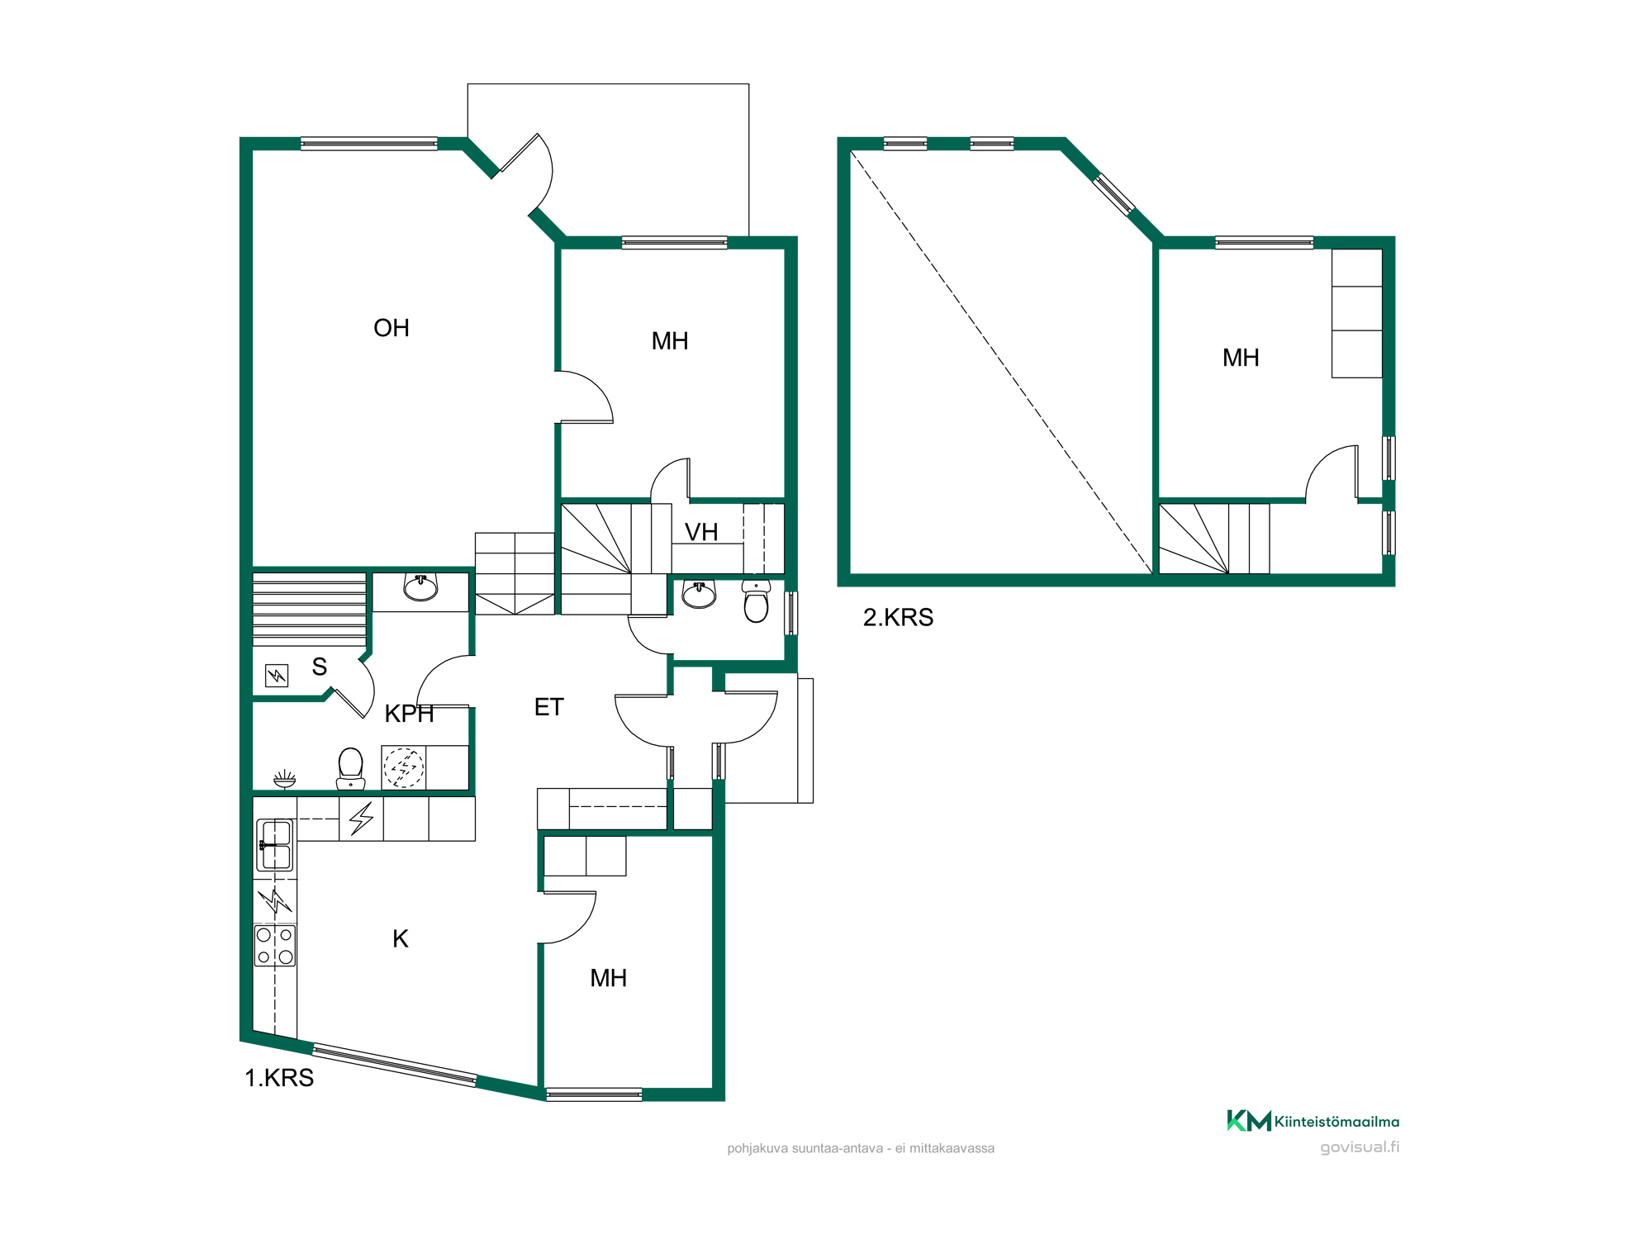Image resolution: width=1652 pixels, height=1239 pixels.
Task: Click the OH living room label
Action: tap(392, 328)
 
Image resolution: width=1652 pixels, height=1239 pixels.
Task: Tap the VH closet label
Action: tap(701, 532)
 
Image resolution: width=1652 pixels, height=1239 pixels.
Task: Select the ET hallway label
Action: tap(549, 707)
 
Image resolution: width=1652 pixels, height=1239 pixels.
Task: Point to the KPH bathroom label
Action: tap(409, 714)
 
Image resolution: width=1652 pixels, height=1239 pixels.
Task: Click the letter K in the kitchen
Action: tap(401, 938)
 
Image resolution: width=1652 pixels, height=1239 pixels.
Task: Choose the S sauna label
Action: tap(320, 667)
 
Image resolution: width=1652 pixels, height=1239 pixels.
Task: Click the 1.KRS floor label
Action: tap(279, 1078)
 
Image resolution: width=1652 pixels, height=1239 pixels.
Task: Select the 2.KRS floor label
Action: tap(898, 617)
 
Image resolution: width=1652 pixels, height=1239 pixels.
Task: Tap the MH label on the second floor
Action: tap(1241, 358)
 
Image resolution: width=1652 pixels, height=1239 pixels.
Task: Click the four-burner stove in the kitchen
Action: tap(275, 946)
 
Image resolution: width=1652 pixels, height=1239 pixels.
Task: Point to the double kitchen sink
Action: tap(275, 845)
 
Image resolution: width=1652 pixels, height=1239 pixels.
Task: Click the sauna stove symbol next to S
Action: tap(277, 676)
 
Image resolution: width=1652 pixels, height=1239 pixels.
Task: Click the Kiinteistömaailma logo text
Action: tap(1336, 1122)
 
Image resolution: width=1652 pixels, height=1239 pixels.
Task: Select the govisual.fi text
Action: tap(1360, 1147)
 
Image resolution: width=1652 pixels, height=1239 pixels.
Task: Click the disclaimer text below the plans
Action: tap(861, 1148)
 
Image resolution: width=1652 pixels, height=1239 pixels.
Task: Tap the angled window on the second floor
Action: tap(1114, 194)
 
